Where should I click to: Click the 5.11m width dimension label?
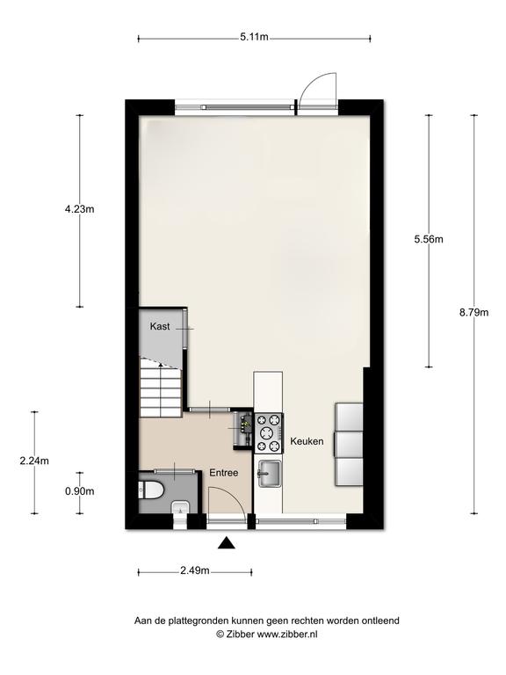click(254, 37)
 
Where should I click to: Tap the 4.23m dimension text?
click(79, 209)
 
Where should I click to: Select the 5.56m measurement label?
click(429, 239)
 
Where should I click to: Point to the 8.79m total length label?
click(473, 313)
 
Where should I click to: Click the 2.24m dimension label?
click(34, 461)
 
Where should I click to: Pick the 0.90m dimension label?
click(80, 490)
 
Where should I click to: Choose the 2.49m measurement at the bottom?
click(195, 570)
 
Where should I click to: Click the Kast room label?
click(160, 326)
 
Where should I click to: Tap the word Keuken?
click(307, 441)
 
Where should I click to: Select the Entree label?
click(224, 473)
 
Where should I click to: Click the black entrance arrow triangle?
click(227, 544)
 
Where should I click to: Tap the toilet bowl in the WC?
click(150, 490)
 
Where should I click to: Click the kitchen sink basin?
click(269, 474)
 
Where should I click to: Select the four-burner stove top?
click(269, 433)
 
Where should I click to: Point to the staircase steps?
click(161, 388)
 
